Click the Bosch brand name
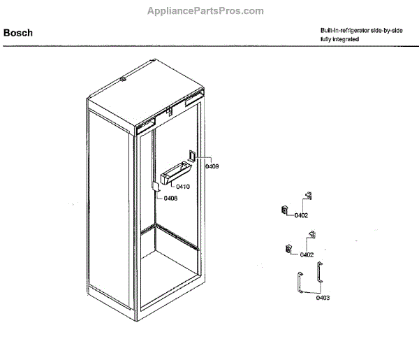pos(18,32)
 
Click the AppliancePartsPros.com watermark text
pos(205,10)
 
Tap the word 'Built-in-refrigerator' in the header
pos(342,30)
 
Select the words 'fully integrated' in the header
pos(340,39)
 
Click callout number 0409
pos(212,166)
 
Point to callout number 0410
pos(183,187)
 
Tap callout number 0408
pos(170,198)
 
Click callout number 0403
pos(322,298)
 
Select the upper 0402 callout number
pos(302,215)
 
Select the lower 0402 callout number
pos(307,254)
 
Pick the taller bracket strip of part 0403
pos(319,273)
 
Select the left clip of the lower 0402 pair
pos(288,247)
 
